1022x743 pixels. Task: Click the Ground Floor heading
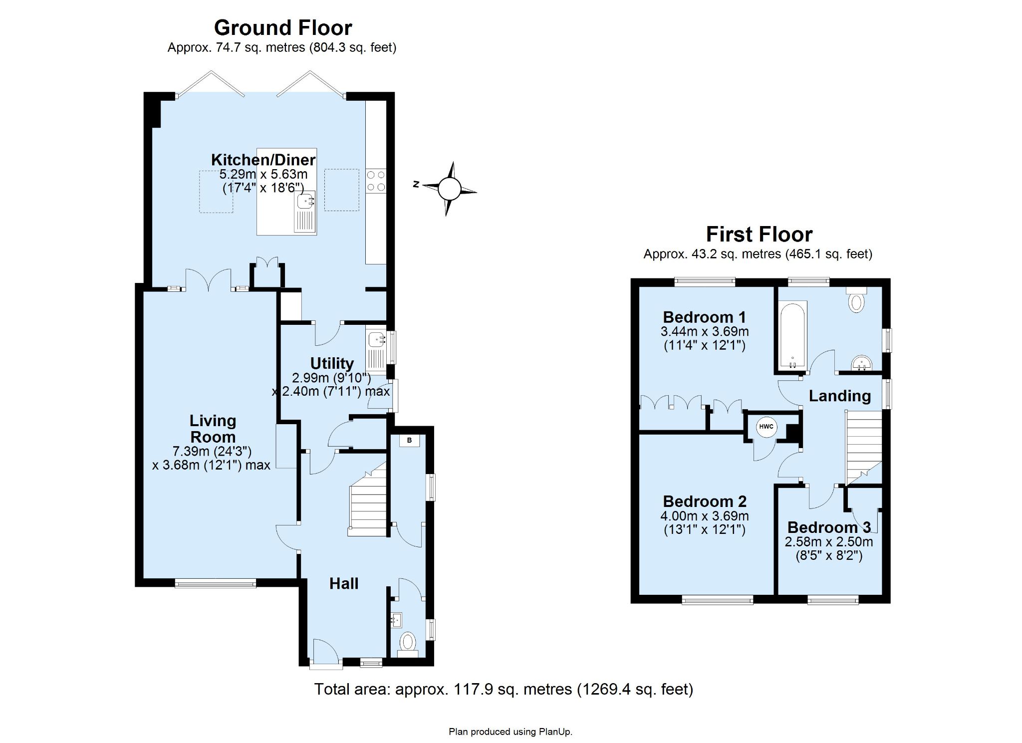tap(283, 28)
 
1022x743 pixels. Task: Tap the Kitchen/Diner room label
tap(263, 160)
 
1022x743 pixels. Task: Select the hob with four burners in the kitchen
tap(376, 181)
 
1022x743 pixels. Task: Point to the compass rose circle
tap(449, 189)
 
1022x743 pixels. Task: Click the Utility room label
tap(332, 363)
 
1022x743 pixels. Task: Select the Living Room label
tap(213, 429)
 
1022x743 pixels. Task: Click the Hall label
tap(344, 583)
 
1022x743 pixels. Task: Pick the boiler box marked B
tap(410, 440)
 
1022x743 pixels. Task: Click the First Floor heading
tap(759, 235)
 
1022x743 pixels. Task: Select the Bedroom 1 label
tap(705, 317)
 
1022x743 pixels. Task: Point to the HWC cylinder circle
tap(766, 427)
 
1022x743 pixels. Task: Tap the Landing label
tap(840, 396)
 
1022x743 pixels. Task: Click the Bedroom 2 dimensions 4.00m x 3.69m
tap(705, 516)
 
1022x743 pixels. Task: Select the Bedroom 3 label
tap(829, 527)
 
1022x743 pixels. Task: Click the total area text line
tap(504, 689)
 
